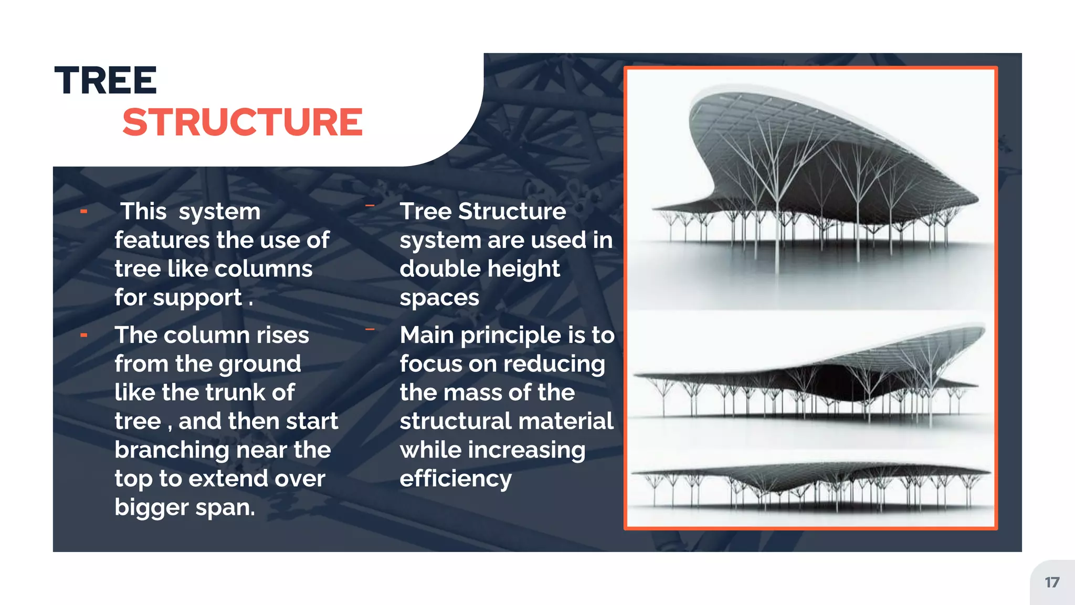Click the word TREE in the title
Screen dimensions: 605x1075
(106, 81)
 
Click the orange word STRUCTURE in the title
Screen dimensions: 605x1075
(243, 122)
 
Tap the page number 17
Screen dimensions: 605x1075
(1052, 582)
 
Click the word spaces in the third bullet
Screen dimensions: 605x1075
(439, 298)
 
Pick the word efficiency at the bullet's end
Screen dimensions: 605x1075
(456, 479)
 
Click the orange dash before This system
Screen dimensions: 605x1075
(84, 212)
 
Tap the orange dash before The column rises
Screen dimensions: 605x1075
(84, 335)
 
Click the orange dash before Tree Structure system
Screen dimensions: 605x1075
(370, 206)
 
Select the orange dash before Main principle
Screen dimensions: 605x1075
(370, 330)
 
